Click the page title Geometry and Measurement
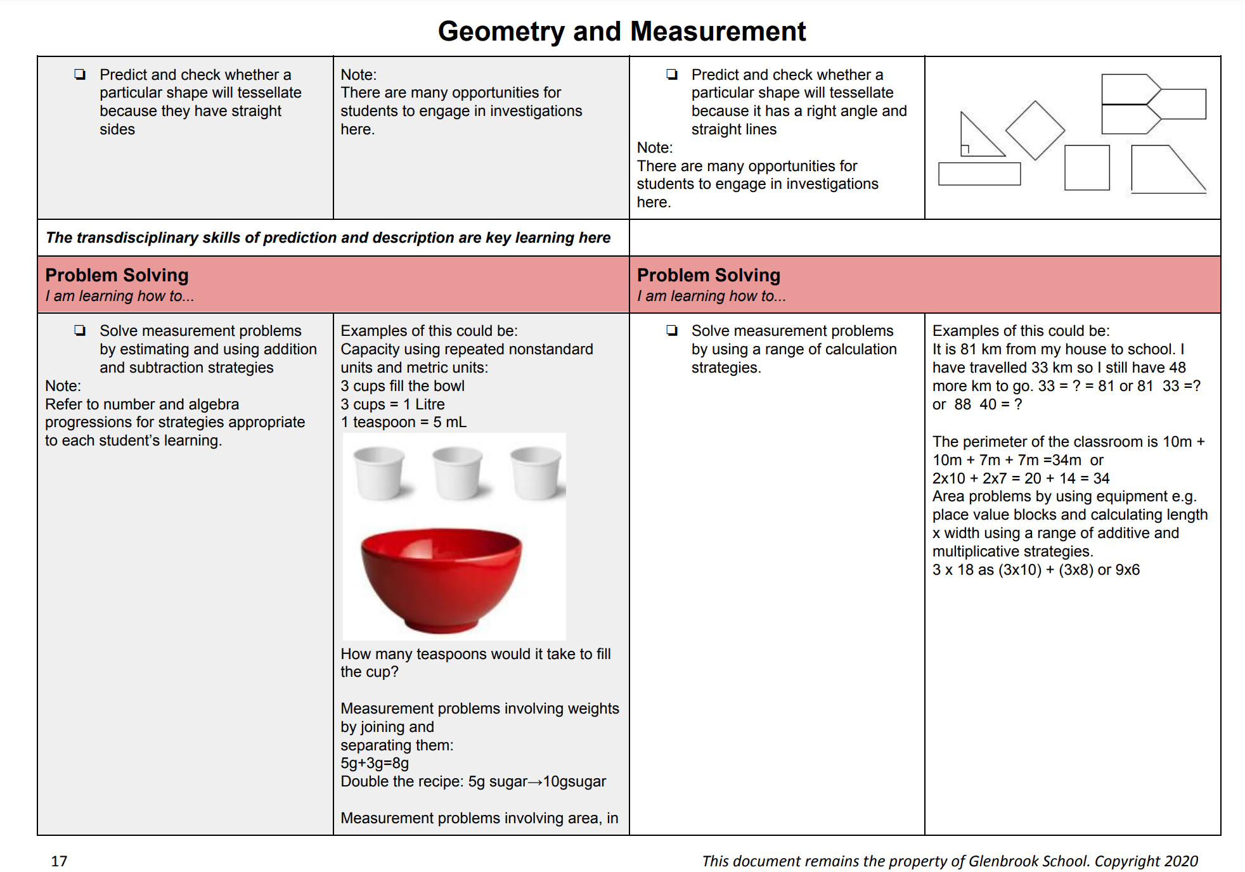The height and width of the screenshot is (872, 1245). coord(621,32)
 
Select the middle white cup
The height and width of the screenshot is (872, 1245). coord(457,473)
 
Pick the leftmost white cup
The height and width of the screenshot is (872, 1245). coord(379,473)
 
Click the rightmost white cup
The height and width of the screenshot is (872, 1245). coord(536,473)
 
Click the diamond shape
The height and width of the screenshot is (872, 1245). coord(1035,131)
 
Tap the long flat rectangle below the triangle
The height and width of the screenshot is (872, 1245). coord(979,174)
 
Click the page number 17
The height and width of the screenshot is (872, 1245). coord(59,861)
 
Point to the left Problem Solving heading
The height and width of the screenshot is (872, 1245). coord(117,275)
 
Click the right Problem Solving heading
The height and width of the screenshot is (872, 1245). coord(709,275)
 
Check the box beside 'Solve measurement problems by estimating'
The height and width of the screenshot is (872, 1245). coord(80,331)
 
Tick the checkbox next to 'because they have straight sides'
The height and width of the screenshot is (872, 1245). coord(80,75)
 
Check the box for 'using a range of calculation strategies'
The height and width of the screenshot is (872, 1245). coord(672,331)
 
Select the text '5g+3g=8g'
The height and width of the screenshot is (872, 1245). coord(375,763)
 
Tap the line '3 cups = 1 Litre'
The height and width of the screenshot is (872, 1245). coord(392,404)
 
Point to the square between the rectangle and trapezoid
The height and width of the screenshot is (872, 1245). coord(1087,168)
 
